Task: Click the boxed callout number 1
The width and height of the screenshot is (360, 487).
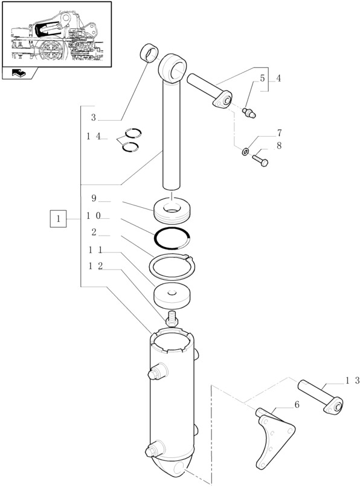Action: coord(58,218)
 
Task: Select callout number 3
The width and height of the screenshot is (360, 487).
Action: coord(94,117)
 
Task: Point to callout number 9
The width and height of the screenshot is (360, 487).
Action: coord(94,198)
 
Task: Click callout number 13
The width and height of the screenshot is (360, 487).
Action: coord(353,380)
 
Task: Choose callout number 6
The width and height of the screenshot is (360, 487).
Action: coord(297,405)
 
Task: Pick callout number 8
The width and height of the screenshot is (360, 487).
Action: coord(279,146)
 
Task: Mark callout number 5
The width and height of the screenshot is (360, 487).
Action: coord(262,78)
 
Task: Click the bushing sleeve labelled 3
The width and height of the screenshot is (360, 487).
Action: coord(149,53)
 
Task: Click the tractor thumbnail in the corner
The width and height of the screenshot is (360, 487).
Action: coord(56,33)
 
